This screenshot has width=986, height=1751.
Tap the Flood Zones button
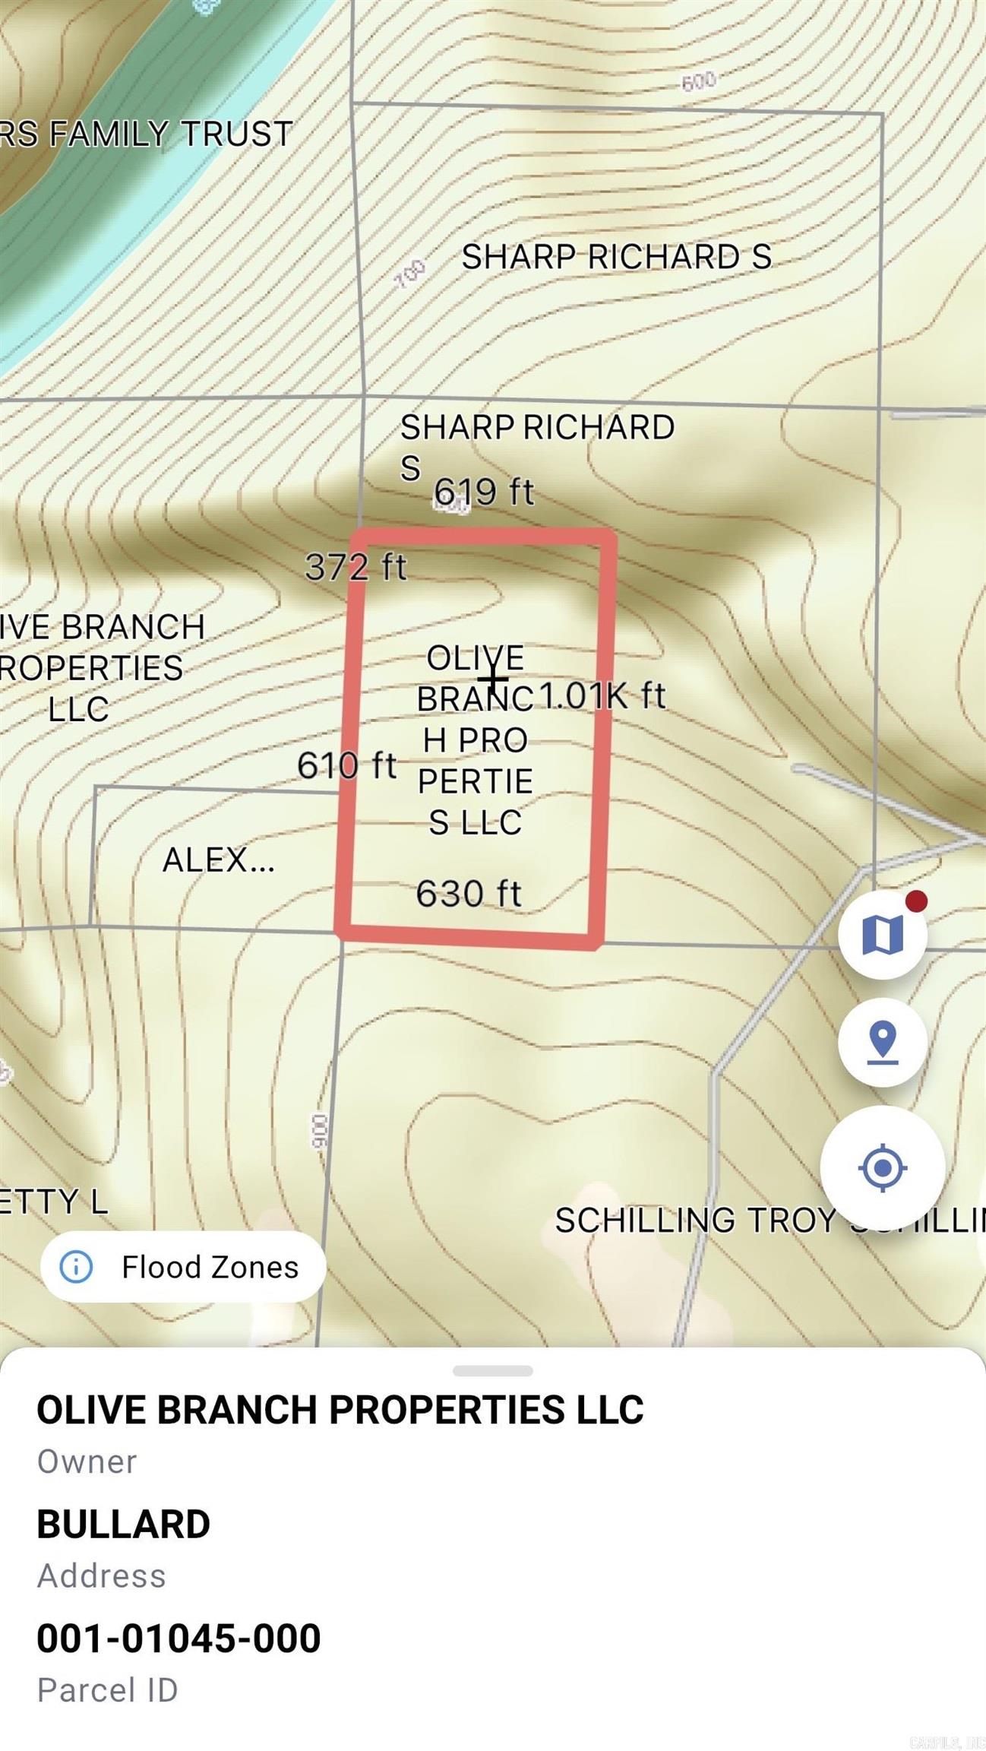[x=183, y=1267]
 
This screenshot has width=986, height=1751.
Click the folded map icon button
[x=882, y=934]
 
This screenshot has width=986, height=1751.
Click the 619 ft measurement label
[x=484, y=491]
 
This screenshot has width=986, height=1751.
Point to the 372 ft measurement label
[x=356, y=566]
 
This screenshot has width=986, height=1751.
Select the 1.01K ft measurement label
[x=602, y=695]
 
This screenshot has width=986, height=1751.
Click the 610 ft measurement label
[x=346, y=765]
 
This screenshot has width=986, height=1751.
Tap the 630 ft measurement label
[x=469, y=894]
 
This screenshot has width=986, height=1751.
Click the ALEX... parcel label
[x=219, y=860]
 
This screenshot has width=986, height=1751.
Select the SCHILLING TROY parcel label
[x=695, y=1221]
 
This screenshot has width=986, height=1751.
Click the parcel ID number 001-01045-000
[x=179, y=1638]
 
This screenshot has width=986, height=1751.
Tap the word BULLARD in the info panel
[x=123, y=1524]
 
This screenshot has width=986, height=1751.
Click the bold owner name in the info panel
[x=340, y=1410]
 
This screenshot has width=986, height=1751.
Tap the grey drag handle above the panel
[x=492, y=1371]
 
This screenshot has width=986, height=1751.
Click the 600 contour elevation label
[x=698, y=81]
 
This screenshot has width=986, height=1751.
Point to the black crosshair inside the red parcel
[x=492, y=679]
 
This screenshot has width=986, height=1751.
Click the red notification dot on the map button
[x=916, y=901]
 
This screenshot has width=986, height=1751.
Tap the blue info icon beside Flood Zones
[x=76, y=1267]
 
